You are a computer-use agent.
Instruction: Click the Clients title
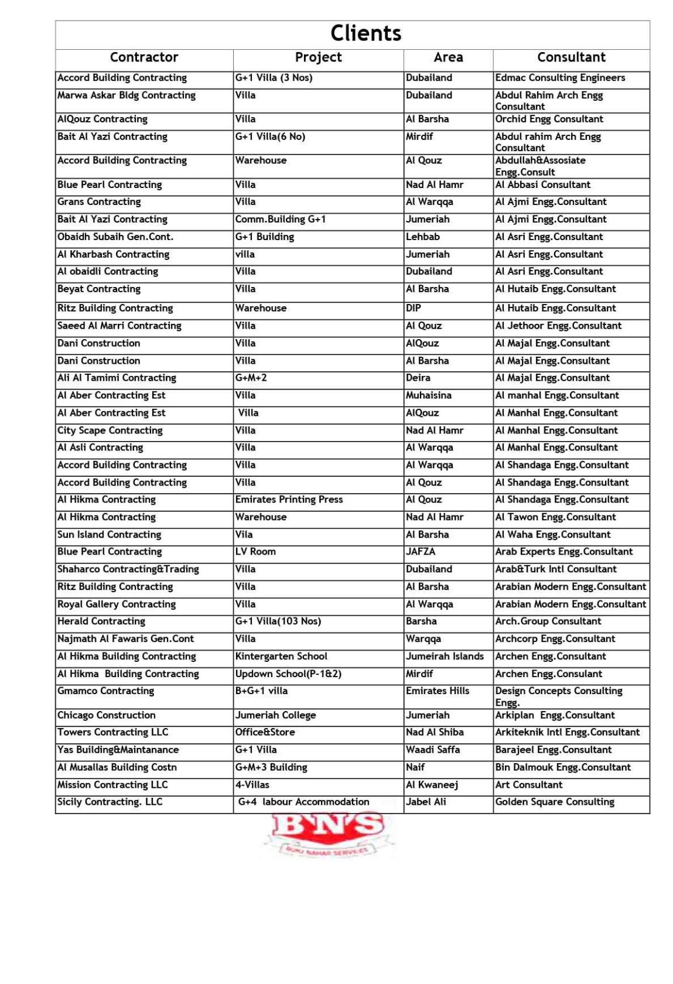(x=365, y=33)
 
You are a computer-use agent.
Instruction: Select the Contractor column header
(x=144, y=57)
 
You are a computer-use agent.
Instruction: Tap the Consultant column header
(x=571, y=57)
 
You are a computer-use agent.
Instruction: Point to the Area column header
(x=448, y=57)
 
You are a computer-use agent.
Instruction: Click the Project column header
(x=318, y=57)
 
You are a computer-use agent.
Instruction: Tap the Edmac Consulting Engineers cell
(x=560, y=78)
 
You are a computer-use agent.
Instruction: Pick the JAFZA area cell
(x=421, y=552)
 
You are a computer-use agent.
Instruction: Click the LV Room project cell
(x=255, y=552)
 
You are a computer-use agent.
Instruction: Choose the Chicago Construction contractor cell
(x=107, y=715)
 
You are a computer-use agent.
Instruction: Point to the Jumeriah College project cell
(x=275, y=715)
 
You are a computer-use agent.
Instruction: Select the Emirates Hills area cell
(x=438, y=691)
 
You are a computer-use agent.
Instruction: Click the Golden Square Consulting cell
(x=555, y=802)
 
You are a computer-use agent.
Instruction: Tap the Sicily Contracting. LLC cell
(x=110, y=802)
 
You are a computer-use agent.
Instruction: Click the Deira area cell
(x=418, y=378)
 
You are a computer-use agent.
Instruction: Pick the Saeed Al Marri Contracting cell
(x=119, y=326)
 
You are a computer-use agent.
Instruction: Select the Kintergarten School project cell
(x=281, y=657)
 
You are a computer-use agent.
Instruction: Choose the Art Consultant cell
(x=528, y=785)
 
